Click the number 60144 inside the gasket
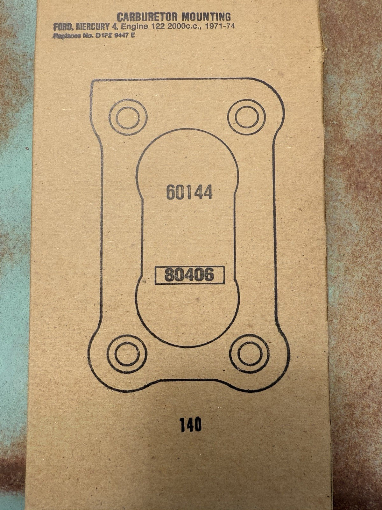click(x=189, y=192)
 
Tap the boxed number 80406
click(x=189, y=275)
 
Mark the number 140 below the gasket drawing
click(x=191, y=425)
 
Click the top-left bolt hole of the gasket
click(x=128, y=116)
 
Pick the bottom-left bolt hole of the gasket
click(x=127, y=354)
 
